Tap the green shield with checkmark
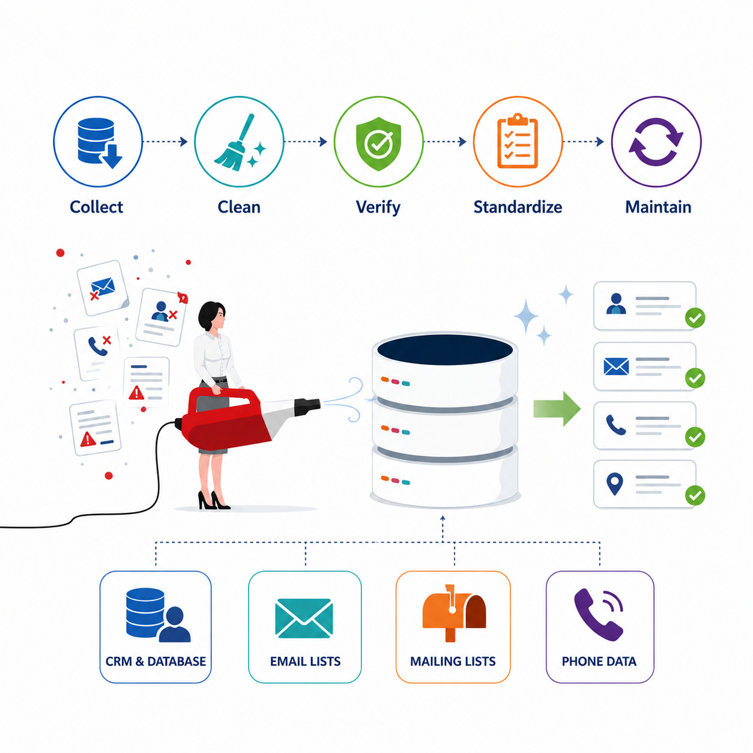[x=378, y=144]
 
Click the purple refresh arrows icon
[x=656, y=142]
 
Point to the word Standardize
[x=518, y=207]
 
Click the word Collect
[x=97, y=207]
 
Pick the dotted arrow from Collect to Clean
[x=165, y=142]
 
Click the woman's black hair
[x=210, y=315]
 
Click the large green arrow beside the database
[x=557, y=409]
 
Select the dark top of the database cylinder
[x=445, y=349]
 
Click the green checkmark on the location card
[x=695, y=495]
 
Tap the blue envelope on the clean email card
[x=616, y=366]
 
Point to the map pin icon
[x=615, y=484]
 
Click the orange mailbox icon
[x=455, y=613]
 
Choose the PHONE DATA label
[x=599, y=662]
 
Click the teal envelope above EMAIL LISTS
[x=304, y=618]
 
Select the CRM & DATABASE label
[x=156, y=662]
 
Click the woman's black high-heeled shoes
[x=214, y=501]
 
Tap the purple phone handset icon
[x=598, y=615]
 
